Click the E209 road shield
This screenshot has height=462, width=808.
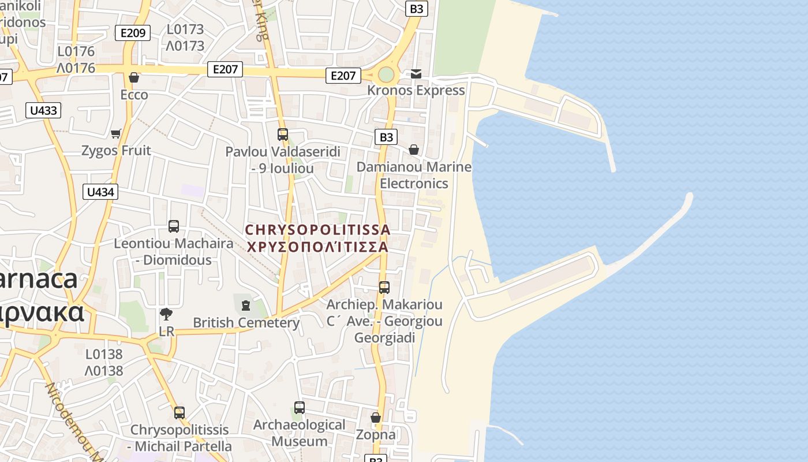133,33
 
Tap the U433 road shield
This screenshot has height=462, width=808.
43,110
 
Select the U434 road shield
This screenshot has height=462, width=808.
100,192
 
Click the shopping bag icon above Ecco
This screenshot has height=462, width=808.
134,77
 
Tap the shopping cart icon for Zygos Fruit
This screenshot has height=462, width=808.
116,133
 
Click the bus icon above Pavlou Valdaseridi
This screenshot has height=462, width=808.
283,135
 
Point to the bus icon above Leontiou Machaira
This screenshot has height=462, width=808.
174,226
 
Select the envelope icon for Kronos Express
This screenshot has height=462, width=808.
416,74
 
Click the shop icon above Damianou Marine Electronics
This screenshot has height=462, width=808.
414,150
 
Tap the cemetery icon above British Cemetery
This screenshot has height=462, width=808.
246,305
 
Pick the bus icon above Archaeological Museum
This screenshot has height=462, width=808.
299,408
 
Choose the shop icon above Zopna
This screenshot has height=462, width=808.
376,418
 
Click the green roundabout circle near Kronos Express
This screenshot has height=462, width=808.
386,75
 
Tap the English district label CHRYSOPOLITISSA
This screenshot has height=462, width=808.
317,230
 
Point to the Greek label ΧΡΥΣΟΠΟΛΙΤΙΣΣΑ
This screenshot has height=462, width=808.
317,247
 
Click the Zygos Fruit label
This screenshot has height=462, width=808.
116,151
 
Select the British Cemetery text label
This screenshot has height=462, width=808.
246,322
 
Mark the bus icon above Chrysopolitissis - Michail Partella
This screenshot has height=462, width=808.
179,413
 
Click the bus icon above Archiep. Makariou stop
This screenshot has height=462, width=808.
384,287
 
